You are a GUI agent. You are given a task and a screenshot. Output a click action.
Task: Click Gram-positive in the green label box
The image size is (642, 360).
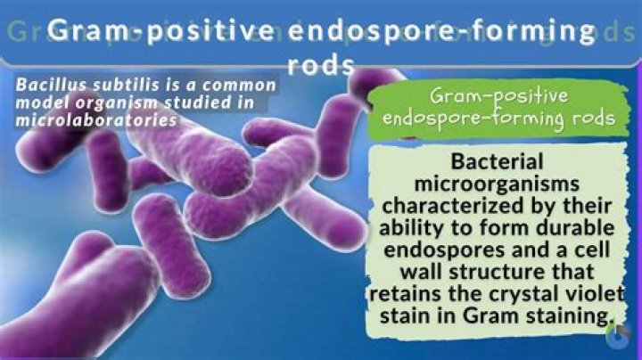[x=496, y=95]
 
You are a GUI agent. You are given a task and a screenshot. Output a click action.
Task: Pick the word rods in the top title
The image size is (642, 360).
[x=321, y=66]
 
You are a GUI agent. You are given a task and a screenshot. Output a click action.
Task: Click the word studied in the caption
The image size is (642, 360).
[x=198, y=102]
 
